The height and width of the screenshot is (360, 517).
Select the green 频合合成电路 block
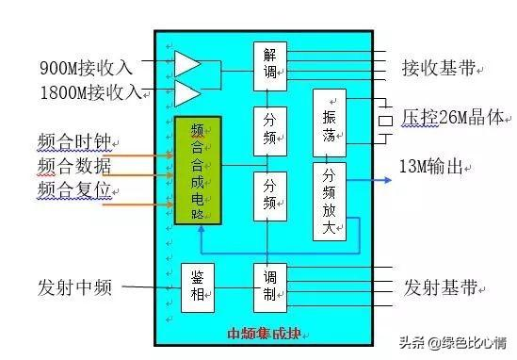pos(198,170)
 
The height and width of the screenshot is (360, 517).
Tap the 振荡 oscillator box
pos(329,122)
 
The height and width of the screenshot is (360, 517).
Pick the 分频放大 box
pos(329,200)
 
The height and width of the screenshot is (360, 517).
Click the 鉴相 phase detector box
pos(198,287)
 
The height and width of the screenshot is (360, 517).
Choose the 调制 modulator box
pos(268,287)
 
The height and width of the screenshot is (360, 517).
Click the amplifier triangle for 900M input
pos(187,64)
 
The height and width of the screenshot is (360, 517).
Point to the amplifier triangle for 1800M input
pos(187,93)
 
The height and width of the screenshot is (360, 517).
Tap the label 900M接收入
pos(87,68)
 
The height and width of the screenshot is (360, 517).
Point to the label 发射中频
pos(75,287)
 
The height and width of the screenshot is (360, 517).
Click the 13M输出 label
pos(434,166)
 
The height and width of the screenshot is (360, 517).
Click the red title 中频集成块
pos(268,333)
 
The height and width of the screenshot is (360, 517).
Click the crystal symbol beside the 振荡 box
pos(384,121)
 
